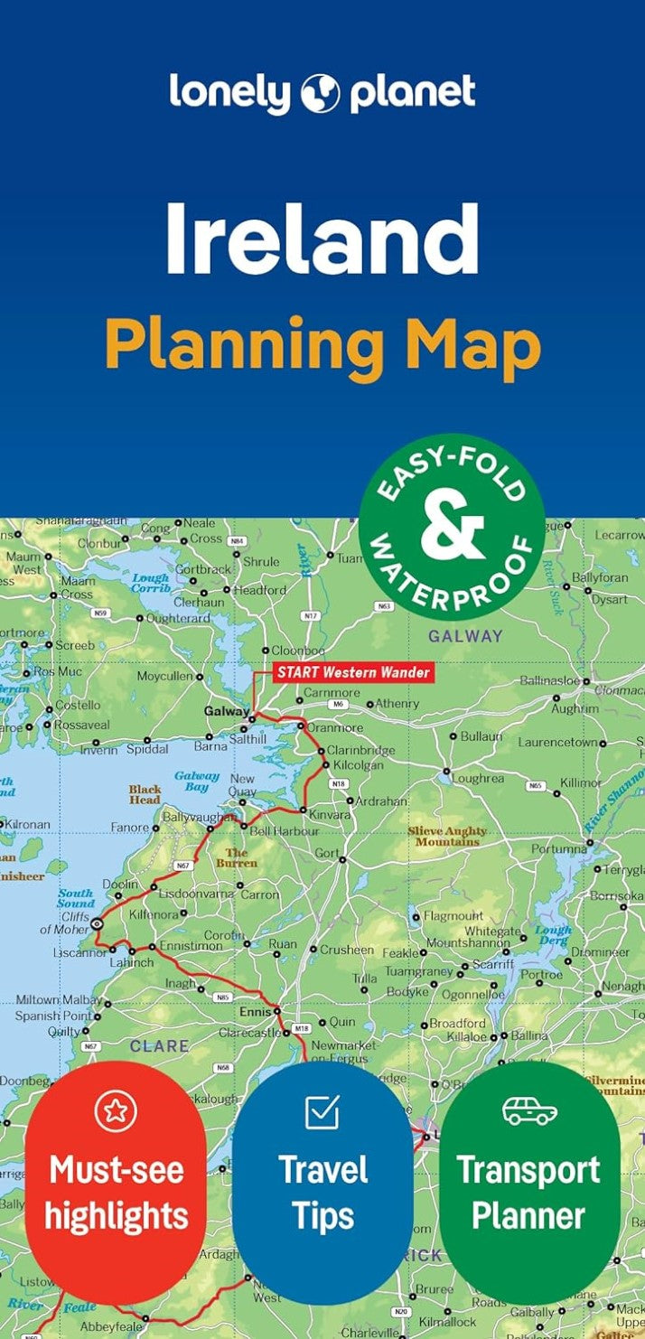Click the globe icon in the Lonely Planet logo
click(x=320, y=94)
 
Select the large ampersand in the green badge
click(x=452, y=528)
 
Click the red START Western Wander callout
click(x=352, y=672)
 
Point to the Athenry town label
click(x=397, y=703)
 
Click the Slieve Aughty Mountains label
click(x=448, y=836)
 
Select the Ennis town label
click(x=255, y=1011)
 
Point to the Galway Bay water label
click(x=196, y=781)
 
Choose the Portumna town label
click(x=557, y=849)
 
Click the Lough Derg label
click(x=552, y=934)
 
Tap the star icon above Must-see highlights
click(x=116, y=1111)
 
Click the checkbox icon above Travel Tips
click(x=322, y=1111)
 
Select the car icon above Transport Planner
click(x=529, y=1111)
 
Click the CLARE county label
click(x=160, y=1046)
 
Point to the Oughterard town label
click(x=178, y=618)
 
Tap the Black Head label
click(x=145, y=794)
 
